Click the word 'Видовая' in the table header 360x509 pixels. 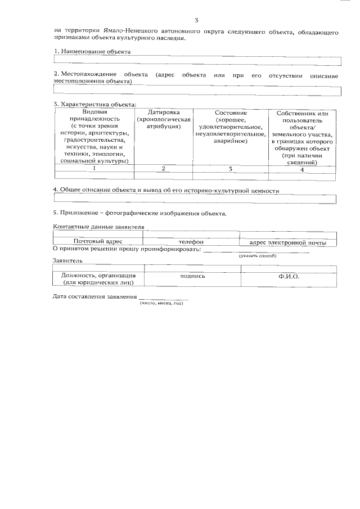(x=94, y=112)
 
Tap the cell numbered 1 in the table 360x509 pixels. (x=94, y=168)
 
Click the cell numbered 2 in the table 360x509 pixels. (x=163, y=168)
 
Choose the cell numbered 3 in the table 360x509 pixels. (x=231, y=168)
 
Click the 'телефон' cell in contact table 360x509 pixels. (x=191, y=242)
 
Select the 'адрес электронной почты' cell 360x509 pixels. (x=288, y=242)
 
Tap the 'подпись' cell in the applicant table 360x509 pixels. (x=192, y=276)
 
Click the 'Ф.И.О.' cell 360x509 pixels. (x=289, y=276)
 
